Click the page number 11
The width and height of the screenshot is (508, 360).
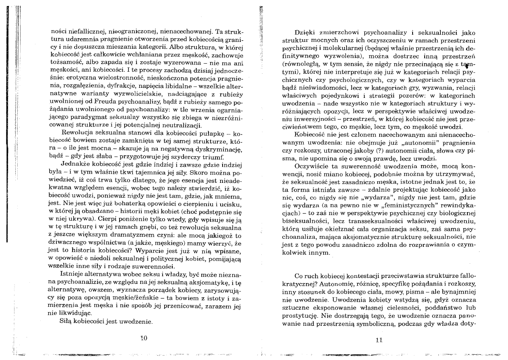(378, 340)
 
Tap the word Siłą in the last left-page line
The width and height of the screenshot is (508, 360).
(67, 322)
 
